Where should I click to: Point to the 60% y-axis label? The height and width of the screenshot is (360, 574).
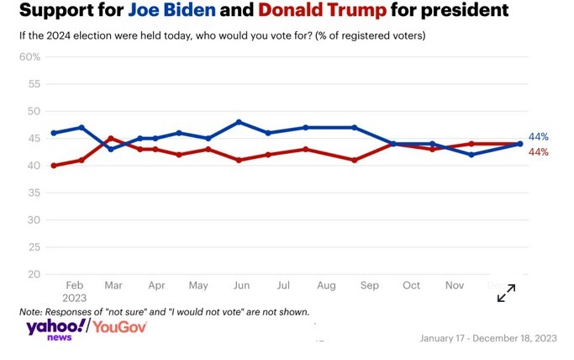[x=30, y=56]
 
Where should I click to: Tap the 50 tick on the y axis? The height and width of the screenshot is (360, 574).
[x=34, y=111]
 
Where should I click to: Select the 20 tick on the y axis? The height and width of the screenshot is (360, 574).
[x=34, y=274]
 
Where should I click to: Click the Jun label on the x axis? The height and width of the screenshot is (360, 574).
[x=240, y=286]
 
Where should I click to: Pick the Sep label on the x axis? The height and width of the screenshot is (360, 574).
[x=370, y=286]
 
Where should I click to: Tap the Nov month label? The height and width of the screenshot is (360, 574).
[x=455, y=286]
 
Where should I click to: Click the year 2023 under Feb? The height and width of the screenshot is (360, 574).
[x=75, y=299]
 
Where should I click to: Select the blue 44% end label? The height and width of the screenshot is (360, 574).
[x=539, y=137]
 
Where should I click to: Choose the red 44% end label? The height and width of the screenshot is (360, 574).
[x=539, y=152]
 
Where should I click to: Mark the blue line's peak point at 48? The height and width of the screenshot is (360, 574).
[x=240, y=122]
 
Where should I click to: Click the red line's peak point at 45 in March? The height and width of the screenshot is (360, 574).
[x=111, y=138]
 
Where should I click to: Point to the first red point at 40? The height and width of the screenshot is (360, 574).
[x=54, y=166]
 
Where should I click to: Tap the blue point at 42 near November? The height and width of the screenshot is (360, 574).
[x=471, y=155]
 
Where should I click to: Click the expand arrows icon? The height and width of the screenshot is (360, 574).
[x=506, y=293]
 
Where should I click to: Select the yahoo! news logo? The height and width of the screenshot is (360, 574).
[x=55, y=329]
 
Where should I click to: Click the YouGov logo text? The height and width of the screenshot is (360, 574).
[x=120, y=326]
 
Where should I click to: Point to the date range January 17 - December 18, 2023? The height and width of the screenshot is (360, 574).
[x=487, y=338]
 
